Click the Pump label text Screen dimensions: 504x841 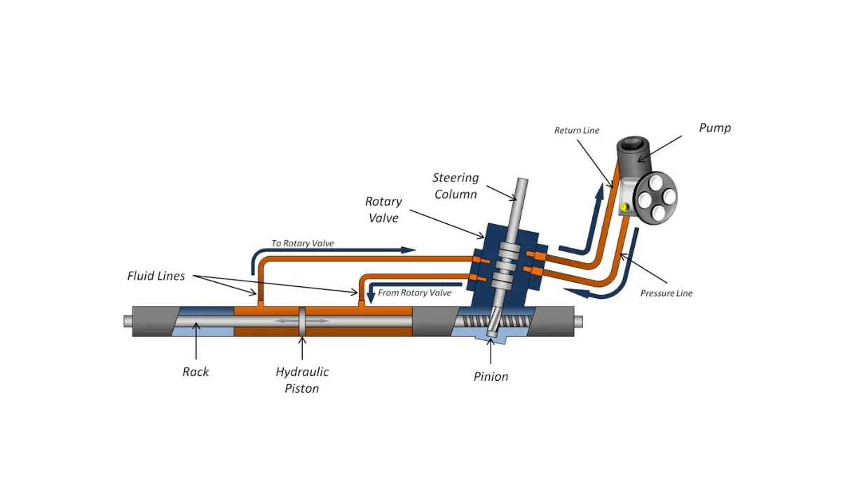pyautogui.click(x=715, y=128)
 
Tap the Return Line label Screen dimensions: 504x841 pyautogui.click(x=577, y=130)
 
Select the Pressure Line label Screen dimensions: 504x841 pyautogui.click(x=666, y=293)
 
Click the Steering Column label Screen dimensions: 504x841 pyautogui.click(x=456, y=186)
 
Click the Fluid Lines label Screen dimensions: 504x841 pyautogui.click(x=156, y=276)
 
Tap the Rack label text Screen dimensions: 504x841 pyautogui.click(x=196, y=372)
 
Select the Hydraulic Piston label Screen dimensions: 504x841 pyautogui.click(x=302, y=380)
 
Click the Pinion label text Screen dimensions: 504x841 pyautogui.click(x=491, y=377)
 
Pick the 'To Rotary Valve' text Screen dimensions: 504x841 pyautogui.click(x=303, y=244)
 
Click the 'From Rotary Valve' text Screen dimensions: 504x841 pyautogui.click(x=414, y=293)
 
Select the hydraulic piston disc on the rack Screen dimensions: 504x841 pyautogui.click(x=302, y=321)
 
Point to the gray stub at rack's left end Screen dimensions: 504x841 pyautogui.click(x=128, y=321)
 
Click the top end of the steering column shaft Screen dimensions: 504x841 pyautogui.click(x=522, y=184)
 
